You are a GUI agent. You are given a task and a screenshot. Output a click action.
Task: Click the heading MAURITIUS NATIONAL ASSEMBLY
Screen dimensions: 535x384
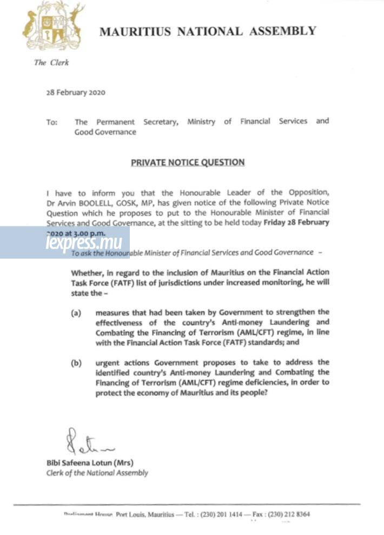(208, 31)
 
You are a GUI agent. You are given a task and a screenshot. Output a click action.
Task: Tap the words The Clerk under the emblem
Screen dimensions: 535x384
(51, 63)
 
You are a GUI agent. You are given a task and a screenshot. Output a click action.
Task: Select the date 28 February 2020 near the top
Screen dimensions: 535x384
(76, 93)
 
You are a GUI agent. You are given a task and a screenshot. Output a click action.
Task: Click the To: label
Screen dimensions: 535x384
(52, 122)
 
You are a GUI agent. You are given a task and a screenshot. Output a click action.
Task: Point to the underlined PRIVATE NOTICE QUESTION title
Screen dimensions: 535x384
(188, 162)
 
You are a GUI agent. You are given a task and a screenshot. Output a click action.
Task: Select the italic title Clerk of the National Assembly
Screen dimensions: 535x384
(97, 473)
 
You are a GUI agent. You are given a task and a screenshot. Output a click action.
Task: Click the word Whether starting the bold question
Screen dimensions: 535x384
(87, 271)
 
